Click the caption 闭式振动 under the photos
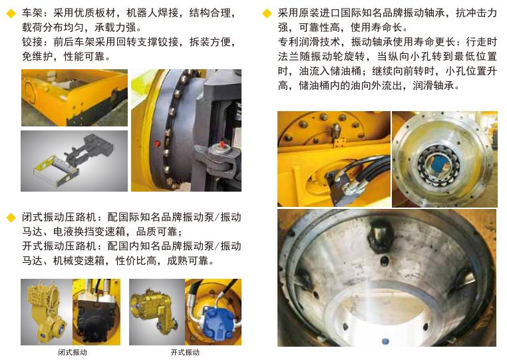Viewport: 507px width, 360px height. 73,352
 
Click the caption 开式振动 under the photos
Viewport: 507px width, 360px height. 185,352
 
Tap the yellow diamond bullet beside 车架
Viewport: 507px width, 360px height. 11,13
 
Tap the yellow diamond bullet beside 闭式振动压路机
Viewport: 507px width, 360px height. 11,218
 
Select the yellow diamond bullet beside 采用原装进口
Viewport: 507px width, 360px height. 267,13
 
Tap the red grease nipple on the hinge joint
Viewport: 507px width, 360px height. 222,144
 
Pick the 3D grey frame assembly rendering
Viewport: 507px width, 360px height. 74,161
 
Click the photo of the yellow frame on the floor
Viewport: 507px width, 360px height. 75,98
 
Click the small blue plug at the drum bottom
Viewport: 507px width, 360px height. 385,341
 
